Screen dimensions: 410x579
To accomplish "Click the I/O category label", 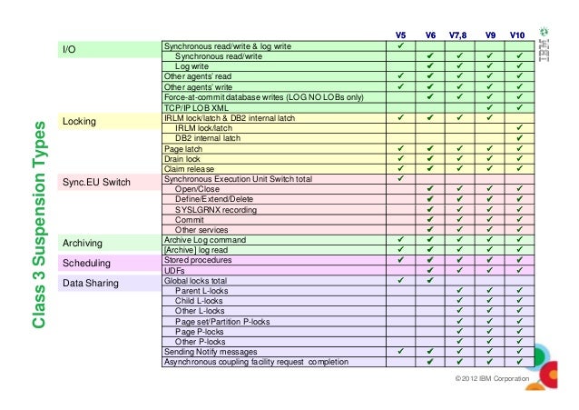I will pos(68,50).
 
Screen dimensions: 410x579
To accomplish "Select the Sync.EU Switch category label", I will pos(96,184).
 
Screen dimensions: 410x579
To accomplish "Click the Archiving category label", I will pos(83,244).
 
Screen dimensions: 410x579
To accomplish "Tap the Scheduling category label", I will pos(86,264).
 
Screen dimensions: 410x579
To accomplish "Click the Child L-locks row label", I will pos(199,301).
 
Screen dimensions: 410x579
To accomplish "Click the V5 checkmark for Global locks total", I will pos(400,281).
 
